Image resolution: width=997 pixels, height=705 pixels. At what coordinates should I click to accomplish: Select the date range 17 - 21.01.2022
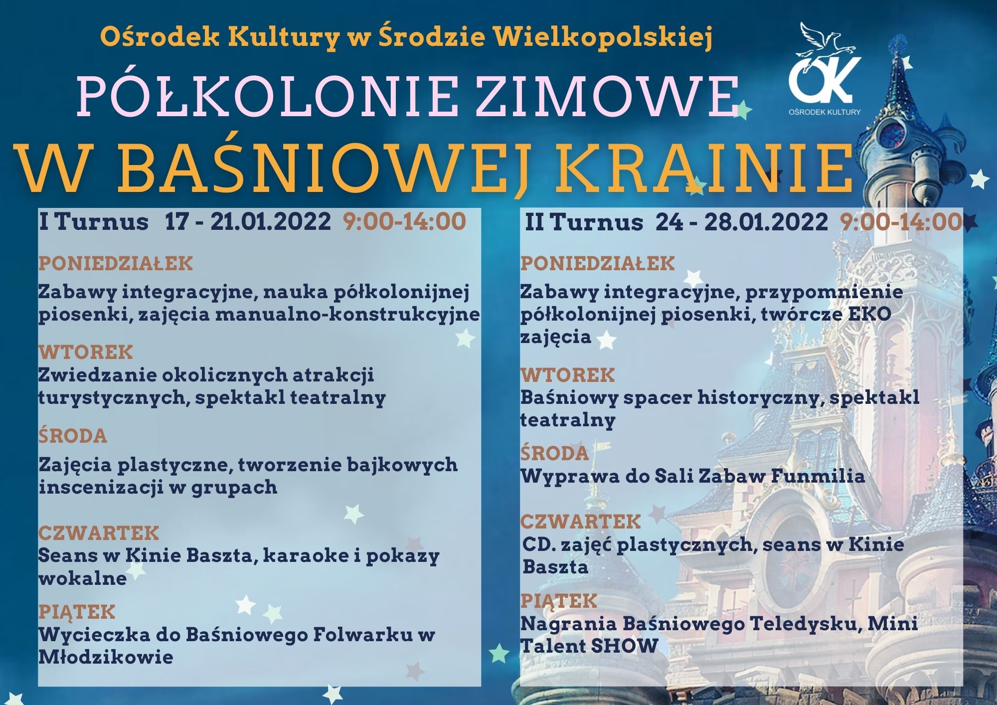pyautogui.click(x=248, y=221)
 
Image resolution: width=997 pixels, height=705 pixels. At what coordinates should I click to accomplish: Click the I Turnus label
pyautogui.click(x=94, y=221)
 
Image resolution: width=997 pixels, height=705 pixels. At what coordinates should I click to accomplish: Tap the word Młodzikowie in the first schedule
pyautogui.click(x=106, y=657)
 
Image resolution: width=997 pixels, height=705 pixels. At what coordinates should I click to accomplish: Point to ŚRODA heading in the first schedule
pyautogui.click(x=73, y=435)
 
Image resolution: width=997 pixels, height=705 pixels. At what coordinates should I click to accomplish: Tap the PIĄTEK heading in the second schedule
pyautogui.click(x=559, y=601)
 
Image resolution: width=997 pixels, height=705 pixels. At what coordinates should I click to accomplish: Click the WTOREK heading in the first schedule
pyautogui.click(x=86, y=352)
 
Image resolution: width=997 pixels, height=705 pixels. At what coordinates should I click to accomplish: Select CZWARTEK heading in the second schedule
pyautogui.click(x=581, y=522)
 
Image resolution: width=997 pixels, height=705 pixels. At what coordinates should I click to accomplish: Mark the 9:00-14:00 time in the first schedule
pyautogui.click(x=404, y=221)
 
